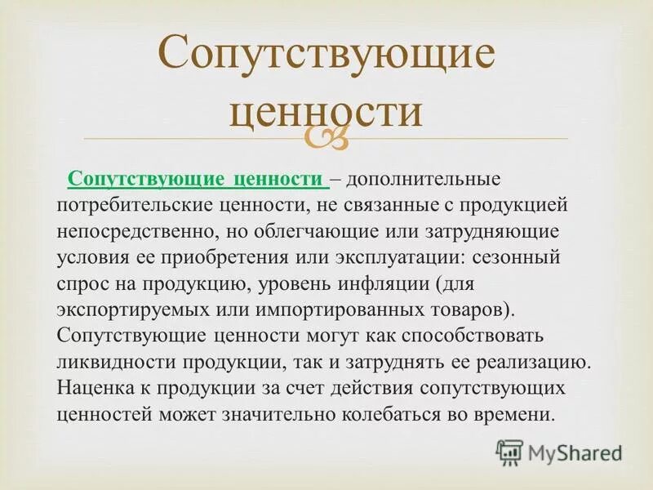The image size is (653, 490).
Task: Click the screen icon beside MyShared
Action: pyautogui.click(x=509, y=451)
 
